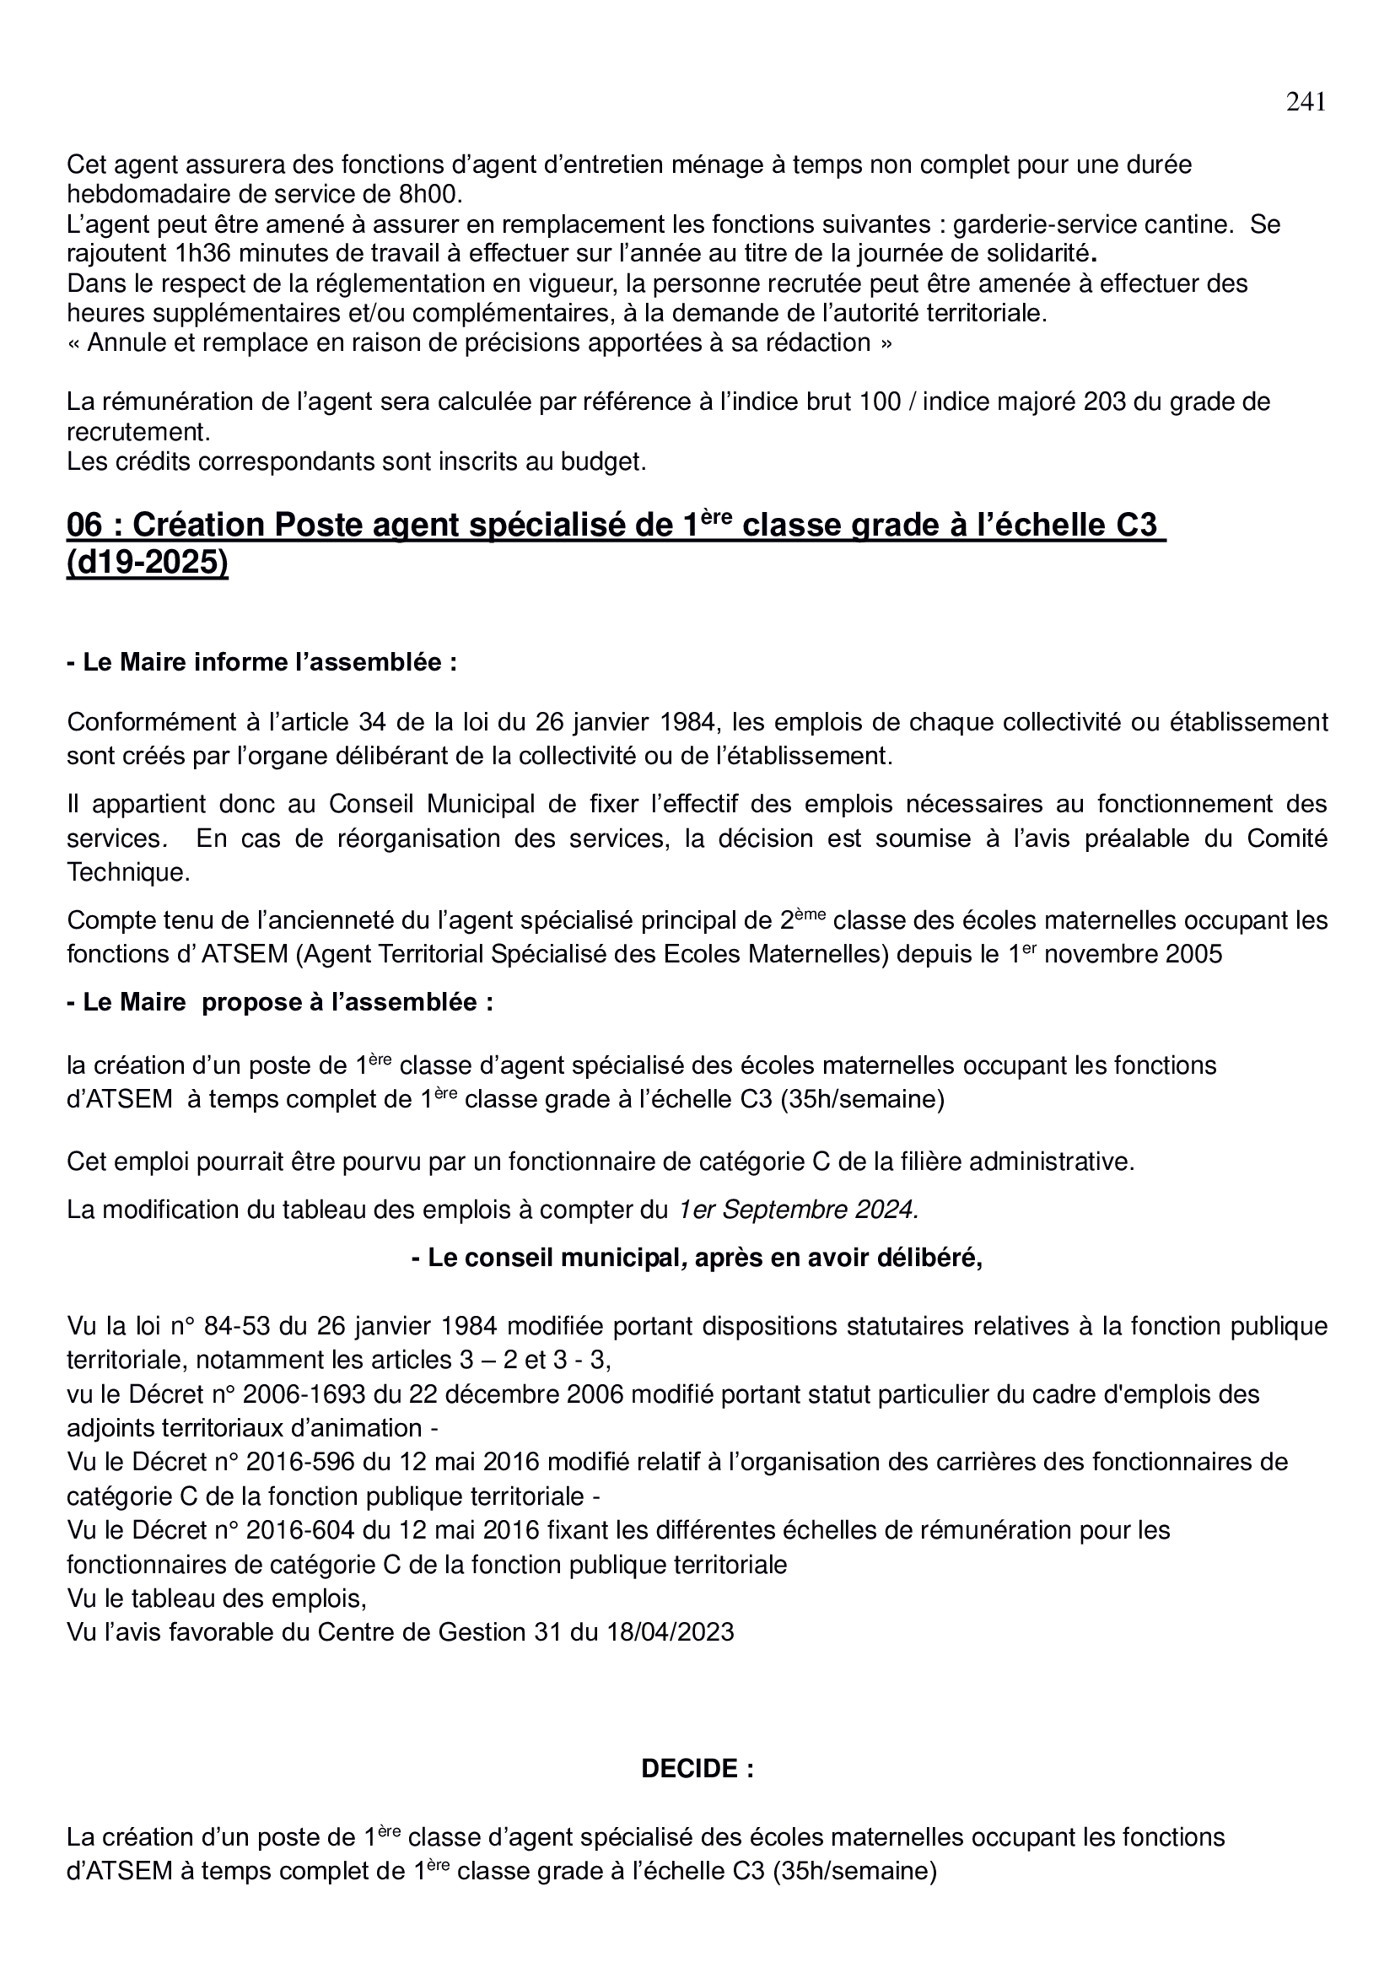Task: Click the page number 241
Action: click(1305, 102)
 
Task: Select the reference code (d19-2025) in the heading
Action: click(148, 563)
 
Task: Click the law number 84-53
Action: click(234, 1326)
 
